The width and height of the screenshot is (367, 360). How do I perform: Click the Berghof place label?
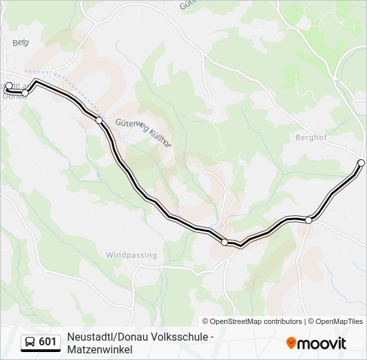(x=308, y=137)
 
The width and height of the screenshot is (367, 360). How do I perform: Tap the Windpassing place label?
(x=131, y=255)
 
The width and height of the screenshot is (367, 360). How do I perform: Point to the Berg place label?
(x=21, y=43)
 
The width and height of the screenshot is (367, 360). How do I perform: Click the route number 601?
(x=47, y=342)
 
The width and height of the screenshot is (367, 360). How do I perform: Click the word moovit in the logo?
(x=322, y=343)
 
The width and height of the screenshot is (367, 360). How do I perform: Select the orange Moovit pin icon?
(x=291, y=343)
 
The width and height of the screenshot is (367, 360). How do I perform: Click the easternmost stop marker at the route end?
(x=361, y=163)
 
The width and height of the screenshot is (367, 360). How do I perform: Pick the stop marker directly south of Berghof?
(x=309, y=219)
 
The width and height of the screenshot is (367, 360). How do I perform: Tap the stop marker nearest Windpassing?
(x=224, y=242)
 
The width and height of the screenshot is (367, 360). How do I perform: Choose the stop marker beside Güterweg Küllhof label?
(x=99, y=120)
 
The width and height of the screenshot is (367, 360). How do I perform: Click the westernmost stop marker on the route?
(x=9, y=85)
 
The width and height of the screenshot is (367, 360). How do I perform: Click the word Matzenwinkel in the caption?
(x=100, y=349)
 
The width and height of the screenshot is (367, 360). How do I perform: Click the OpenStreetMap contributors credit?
(x=252, y=321)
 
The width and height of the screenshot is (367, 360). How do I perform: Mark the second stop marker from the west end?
(x=26, y=93)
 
